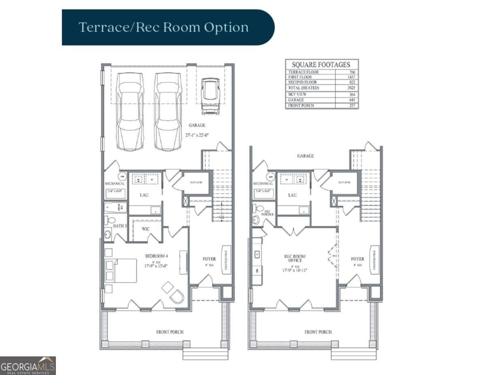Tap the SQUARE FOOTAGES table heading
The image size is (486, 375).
(322, 65)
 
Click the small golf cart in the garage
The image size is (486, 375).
(210, 96)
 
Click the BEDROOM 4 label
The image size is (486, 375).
(157, 256)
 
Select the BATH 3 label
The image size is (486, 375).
(120, 226)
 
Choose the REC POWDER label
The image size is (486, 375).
(267, 213)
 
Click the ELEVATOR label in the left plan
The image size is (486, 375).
(196, 182)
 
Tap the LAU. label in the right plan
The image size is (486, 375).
(293, 195)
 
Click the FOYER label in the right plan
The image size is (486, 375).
(358, 259)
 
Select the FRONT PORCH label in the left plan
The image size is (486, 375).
(170, 332)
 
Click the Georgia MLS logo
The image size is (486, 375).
(28, 366)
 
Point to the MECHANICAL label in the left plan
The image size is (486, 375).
(115, 183)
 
